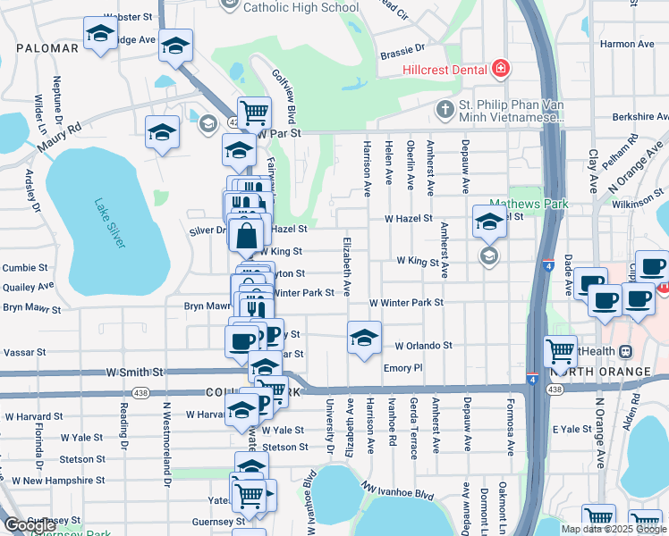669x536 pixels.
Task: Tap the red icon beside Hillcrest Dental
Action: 500,69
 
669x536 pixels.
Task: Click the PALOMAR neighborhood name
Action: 47,47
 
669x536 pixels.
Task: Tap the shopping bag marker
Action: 246,237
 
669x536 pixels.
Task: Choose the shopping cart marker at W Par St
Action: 255,112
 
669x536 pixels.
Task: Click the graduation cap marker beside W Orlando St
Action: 362,338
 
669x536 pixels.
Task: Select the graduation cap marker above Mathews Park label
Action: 489,222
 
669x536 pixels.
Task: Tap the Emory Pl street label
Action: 402,367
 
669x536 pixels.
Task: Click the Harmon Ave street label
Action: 628,43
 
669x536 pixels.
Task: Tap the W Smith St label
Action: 135,371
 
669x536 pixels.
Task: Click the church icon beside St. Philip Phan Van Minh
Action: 445,109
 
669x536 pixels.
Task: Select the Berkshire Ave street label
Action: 640,117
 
